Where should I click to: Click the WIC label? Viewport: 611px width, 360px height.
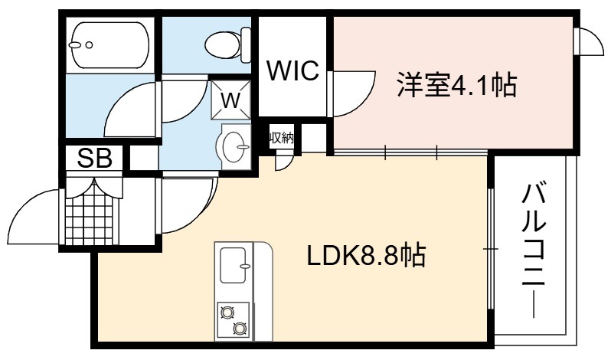coord(292,71)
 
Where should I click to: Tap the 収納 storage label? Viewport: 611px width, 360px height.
coord(281,138)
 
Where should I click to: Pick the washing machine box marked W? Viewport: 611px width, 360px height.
coord(232,99)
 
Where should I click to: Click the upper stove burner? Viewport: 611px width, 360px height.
coord(227,311)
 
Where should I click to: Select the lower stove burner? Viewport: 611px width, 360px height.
coord(239,329)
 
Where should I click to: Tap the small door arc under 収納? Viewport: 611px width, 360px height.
coord(283,160)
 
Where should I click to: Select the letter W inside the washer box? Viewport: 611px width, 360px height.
coord(232,99)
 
